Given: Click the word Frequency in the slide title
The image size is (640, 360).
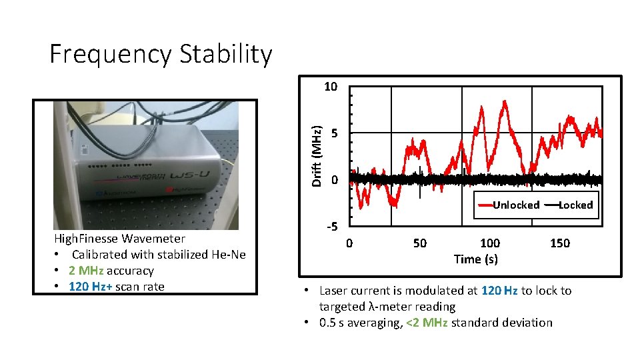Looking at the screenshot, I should [109, 55].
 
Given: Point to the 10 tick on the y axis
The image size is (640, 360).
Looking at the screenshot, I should [331, 87].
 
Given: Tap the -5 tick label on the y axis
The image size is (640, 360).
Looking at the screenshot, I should [332, 227].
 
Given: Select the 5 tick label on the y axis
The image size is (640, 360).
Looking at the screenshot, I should [335, 133].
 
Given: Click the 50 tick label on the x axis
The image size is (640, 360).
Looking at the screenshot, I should [419, 243].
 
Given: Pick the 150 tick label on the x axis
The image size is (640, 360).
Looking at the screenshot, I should [560, 243].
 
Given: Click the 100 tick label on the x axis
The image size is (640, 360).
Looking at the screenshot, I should [489, 243].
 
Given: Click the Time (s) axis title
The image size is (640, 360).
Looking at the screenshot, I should [475, 259].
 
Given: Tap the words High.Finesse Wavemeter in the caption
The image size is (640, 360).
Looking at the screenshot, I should [120, 239].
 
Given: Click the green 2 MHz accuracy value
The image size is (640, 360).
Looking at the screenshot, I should [87, 271].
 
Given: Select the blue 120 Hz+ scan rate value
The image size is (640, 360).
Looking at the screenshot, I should [91, 287].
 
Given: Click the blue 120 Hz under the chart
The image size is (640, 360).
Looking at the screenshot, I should [499, 291].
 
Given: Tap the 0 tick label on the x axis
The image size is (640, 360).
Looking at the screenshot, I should [349, 243].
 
